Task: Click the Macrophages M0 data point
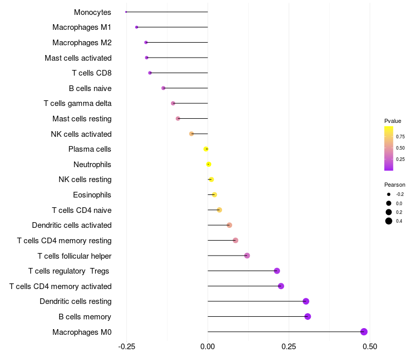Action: pos(364,332)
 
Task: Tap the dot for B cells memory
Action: pos(308,316)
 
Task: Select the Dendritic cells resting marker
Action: pos(306,301)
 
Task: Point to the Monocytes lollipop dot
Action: pos(126,12)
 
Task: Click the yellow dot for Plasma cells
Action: pos(206,149)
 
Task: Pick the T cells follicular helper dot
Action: pos(247,256)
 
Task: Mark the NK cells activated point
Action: pos(192,134)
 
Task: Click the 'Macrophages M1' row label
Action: pos(82,27)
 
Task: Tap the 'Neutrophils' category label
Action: pos(92,165)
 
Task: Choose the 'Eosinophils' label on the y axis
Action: pos(92,195)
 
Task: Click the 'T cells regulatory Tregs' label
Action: pos(70,271)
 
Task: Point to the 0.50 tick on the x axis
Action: pos(369,347)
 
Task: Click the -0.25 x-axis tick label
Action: pos(126,347)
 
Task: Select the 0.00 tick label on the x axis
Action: pos(208,347)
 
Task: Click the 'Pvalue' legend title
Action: pos(393,121)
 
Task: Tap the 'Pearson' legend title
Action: pos(395,185)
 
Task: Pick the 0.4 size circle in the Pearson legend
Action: pos(389,221)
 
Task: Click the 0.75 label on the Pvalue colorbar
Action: pos(400,136)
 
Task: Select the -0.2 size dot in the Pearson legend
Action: pos(389,194)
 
